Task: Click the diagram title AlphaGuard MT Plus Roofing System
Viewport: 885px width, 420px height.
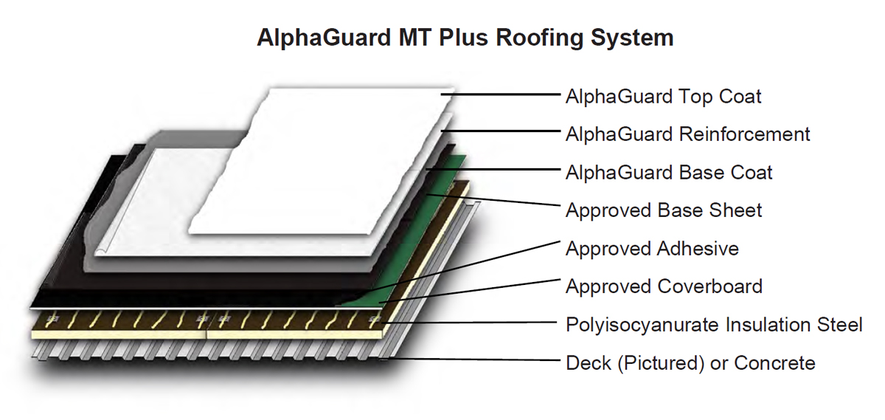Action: pyautogui.click(x=465, y=38)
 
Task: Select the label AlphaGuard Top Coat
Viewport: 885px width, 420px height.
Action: pyautogui.click(x=663, y=96)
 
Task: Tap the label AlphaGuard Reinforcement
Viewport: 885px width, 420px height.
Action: pyautogui.click(x=687, y=134)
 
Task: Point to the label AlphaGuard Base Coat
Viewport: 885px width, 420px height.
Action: pyautogui.click(x=669, y=173)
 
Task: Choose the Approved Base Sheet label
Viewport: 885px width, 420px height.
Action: pyautogui.click(x=664, y=210)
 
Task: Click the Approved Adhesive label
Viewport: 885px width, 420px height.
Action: pyautogui.click(x=652, y=249)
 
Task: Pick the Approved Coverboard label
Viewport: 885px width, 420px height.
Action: pyautogui.click(x=664, y=286)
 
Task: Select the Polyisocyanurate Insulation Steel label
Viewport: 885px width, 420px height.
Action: pyautogui.click(x=714, y=325)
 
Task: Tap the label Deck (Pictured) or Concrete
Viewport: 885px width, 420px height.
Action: pyautogui.click(x=690, y=363)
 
